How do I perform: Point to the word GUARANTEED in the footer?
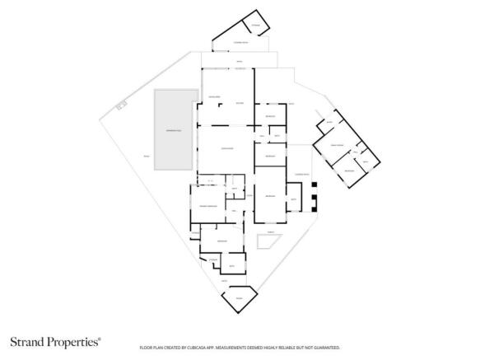tap(324, 348)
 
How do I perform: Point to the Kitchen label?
tap(240, 102)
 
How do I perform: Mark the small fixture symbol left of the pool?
tap(122, 105)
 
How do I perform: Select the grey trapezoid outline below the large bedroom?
tap(268, 241)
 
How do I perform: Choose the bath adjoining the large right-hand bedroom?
tap(294, 199)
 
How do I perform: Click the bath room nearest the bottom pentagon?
tap(231, 265)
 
